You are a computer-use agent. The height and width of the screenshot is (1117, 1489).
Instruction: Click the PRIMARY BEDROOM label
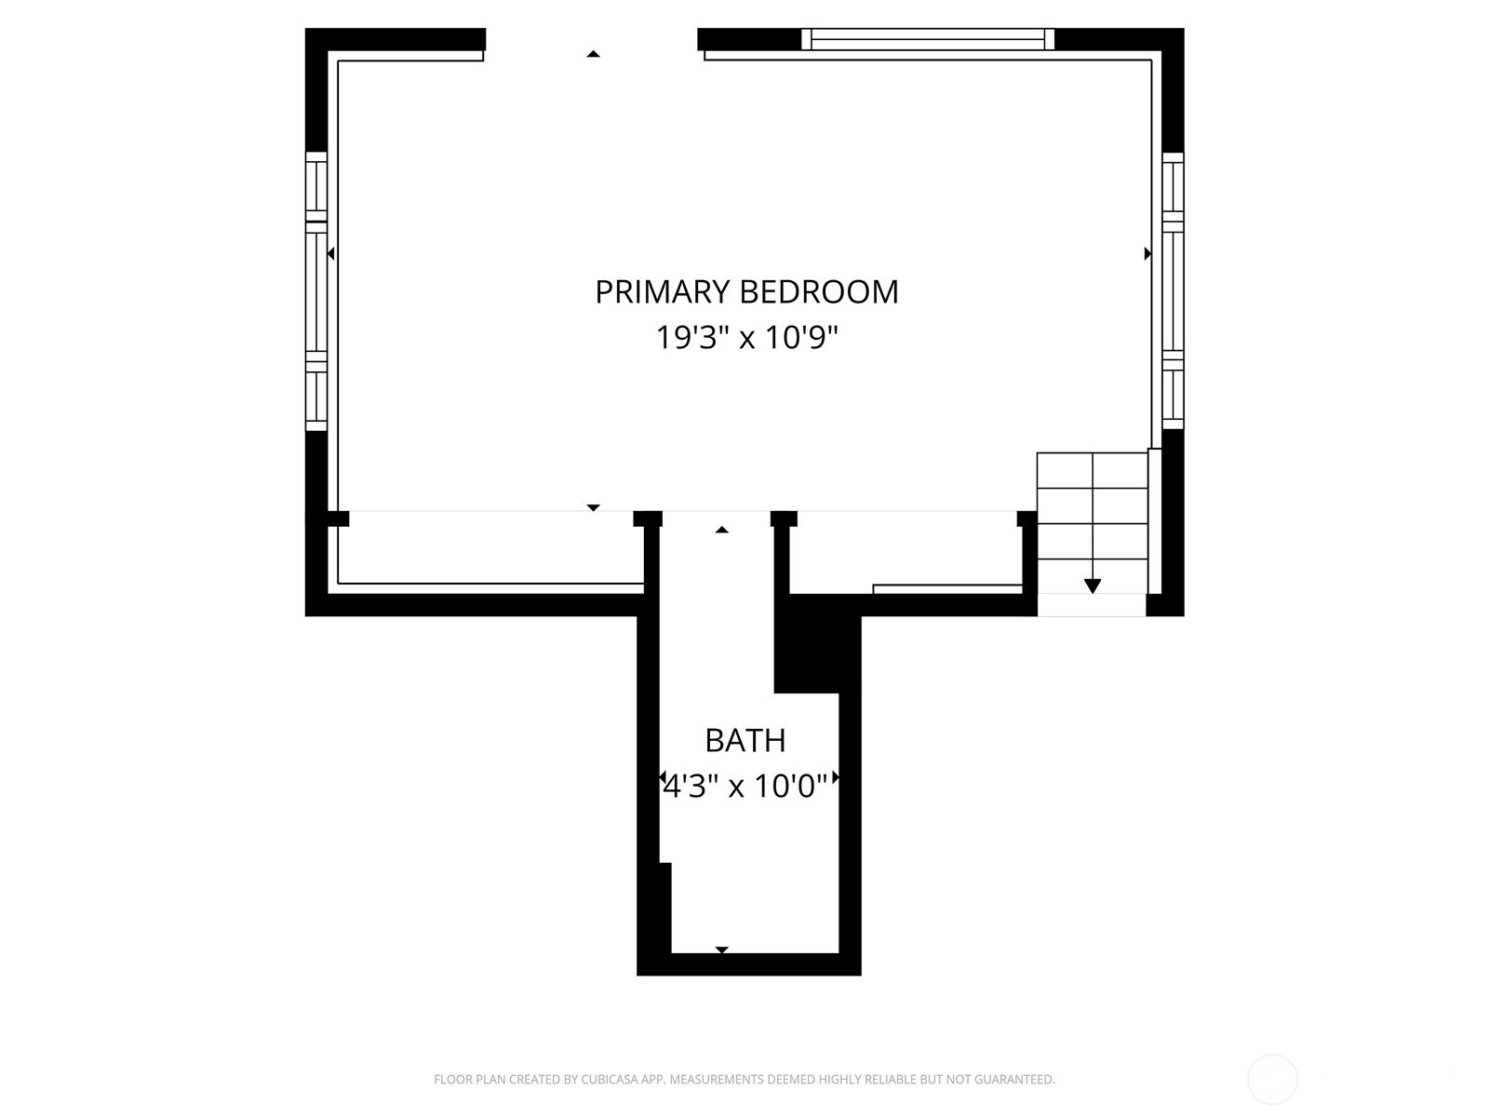(x=747, y=292)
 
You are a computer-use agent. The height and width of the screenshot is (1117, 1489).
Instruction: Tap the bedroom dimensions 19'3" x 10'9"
(x=747, y=337)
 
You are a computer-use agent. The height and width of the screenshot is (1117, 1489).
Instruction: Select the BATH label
(x=744, y=741)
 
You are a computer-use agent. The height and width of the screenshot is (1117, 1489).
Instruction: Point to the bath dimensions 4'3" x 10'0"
(x=744, y=787)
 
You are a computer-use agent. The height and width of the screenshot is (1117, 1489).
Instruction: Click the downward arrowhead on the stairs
(x=1093, y=586)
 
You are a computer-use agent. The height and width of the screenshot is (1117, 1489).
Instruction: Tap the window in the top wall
(x=928, y=39)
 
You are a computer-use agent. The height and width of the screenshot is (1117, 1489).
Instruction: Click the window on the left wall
(x=316, y=291)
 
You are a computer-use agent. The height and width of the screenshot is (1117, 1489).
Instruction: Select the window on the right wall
(x=1173, y=291)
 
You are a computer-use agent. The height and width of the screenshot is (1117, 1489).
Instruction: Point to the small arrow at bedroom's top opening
(x=593, y=54)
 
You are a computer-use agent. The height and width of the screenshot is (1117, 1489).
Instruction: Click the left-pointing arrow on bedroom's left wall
(x=331, y=253)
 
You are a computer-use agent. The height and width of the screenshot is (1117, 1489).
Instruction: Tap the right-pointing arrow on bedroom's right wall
(x=1147, y=253)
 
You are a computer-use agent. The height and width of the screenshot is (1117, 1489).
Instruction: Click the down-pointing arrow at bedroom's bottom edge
(x=593, y=508)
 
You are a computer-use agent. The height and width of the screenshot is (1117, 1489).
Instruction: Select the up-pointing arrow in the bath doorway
(x=722, y=530)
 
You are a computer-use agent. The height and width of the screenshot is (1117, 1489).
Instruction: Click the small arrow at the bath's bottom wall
(x=722, y=949)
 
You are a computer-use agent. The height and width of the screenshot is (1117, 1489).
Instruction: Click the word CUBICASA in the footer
(x=610, y=1079)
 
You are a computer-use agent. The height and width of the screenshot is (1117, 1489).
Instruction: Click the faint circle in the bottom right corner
(x=1272, y=1080)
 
